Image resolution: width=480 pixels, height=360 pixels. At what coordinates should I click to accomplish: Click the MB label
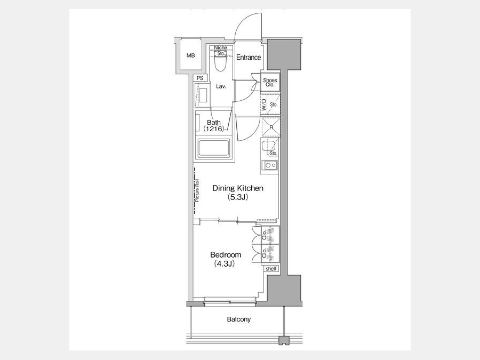[x=190, y=55]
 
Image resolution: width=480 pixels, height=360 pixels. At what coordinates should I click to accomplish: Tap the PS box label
[x=200, y=78]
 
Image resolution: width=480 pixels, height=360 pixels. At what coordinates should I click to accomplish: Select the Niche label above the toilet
[x=220, y=47]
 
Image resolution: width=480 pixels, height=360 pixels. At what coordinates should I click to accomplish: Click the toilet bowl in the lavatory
[x=220, y=63]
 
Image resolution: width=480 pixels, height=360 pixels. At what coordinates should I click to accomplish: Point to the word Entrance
[x=249, y=57]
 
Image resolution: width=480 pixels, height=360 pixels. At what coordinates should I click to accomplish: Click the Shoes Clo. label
[x=270, y=82]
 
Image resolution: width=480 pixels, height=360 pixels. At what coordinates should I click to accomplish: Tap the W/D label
[x=264, y=105]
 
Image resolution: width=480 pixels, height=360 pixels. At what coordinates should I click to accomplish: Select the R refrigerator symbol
[x=270, y=127]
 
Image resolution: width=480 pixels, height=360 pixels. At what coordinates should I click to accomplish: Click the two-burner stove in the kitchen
[x=270, y=165]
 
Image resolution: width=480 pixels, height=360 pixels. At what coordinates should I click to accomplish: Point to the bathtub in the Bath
[x=214, y=149]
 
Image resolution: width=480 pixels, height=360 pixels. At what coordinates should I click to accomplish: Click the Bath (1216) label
[x=214, y=125]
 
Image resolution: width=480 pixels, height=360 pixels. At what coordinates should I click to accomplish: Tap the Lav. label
[x=221, y=86]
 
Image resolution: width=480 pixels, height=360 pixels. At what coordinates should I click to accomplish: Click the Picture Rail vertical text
[x=197, y=191]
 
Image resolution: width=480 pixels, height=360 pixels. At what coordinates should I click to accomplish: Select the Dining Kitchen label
[x=238, y=188]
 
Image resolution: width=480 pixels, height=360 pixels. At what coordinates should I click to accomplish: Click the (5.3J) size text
[x=238, y=197]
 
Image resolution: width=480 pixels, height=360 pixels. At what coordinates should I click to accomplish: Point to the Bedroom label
[x=226, y=255]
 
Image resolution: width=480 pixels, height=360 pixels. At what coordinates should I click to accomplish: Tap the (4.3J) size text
[x=225, y=263]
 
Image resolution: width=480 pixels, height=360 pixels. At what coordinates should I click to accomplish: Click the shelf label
[x=271, y=269]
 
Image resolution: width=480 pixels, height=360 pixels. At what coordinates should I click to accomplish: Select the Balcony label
[x=239, y=319]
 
